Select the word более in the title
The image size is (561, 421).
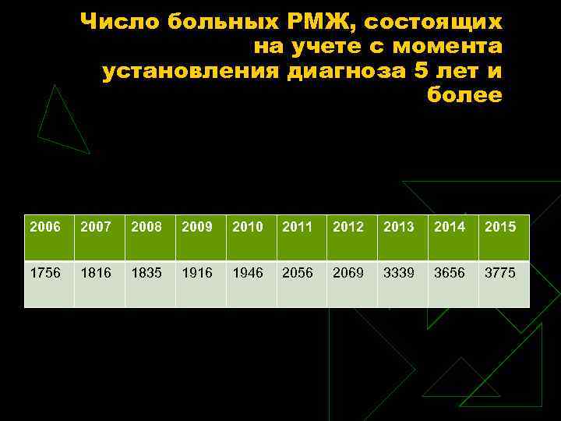(x=464, y=96)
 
